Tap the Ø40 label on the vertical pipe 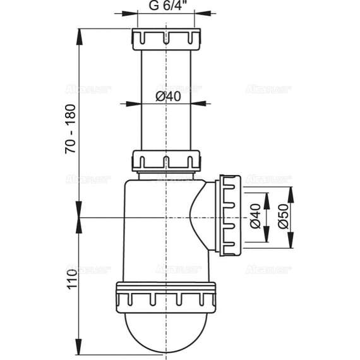[168, 96]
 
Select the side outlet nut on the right [230, 215]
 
